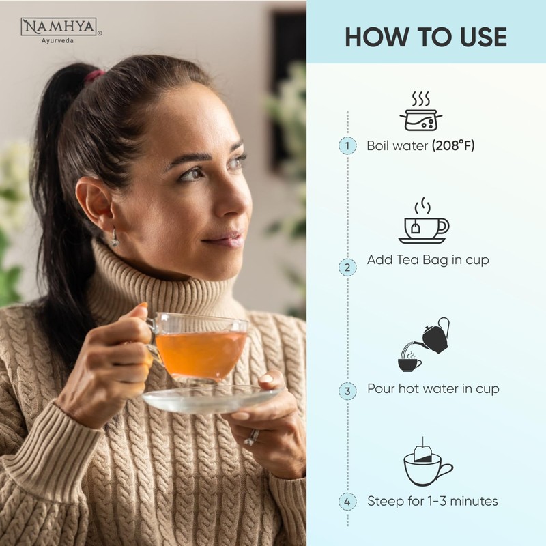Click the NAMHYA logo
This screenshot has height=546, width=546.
coord(61,29)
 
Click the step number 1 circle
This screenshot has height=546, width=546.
coord(347,145)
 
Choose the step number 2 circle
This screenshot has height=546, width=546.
coord(347,267)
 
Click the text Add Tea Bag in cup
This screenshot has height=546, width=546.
coord(427,260)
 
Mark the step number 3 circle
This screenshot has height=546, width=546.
coord(347,391)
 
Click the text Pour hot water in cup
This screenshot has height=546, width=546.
coord(433,389)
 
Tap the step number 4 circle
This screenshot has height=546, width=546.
coord(347,502)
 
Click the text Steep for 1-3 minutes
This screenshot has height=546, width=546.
coord(432,501)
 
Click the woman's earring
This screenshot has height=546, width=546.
coord(115,238)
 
